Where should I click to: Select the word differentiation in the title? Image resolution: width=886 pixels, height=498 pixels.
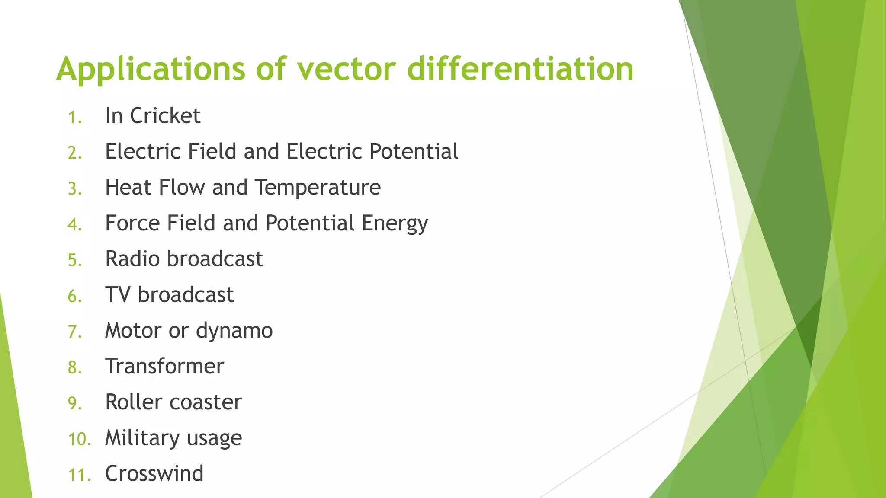point(520,69)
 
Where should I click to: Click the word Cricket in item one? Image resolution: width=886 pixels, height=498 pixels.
point(165,116)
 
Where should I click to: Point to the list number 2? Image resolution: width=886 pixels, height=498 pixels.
point(74,153)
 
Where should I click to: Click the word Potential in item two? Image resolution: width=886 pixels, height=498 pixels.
point(414,152)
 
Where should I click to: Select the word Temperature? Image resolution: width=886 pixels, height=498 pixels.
point(318,188)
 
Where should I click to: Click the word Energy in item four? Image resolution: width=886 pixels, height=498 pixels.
point(395,223)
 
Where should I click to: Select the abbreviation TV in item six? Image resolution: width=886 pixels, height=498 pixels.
point(118,295)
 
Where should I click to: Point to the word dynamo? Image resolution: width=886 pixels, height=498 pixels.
point(234,331)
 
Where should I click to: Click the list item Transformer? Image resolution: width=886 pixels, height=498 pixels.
point(164,367)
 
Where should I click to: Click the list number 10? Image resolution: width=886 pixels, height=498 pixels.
point(79,440)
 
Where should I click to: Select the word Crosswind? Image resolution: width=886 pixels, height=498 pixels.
point(154,474)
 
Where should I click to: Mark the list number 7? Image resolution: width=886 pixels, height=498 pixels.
point(74,332)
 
